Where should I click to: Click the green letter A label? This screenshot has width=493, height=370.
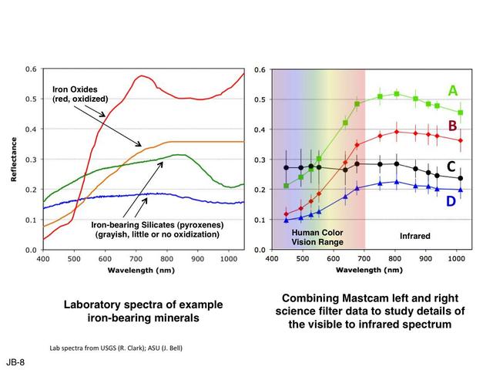(453, 92)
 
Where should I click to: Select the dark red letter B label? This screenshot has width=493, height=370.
(453, 126)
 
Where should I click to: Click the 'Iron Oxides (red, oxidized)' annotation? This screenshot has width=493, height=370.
(80, 94)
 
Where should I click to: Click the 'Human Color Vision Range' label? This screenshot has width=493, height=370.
(316, 237)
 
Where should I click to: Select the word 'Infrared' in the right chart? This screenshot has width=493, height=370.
(414, 236)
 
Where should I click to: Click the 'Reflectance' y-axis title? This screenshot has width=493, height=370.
(13, 160)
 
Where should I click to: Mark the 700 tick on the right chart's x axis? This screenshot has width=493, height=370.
(364, 260)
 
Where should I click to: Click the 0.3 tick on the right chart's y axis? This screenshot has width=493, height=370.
(261, 160)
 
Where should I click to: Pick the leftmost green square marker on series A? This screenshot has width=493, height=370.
(287, 186)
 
